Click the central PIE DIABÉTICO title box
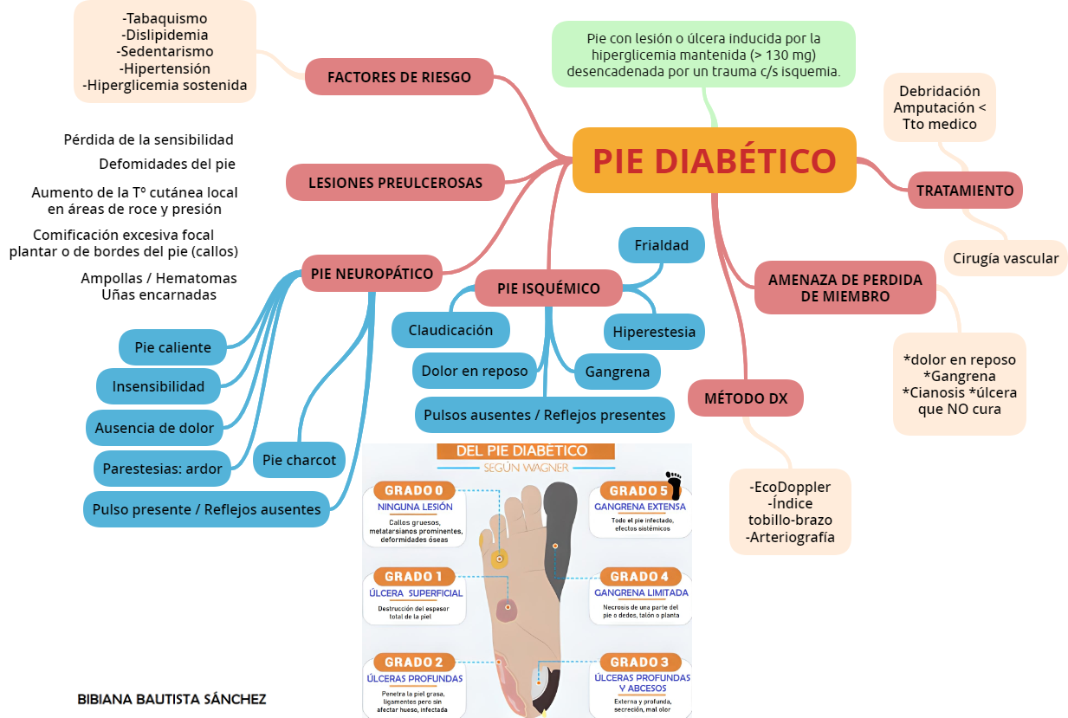point(715,160)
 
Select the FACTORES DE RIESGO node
point(399,77)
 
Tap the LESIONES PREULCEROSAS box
point(395,183)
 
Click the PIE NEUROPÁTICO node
point(372,274)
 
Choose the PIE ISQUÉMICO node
point(548,288)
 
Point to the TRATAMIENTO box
point(965,191)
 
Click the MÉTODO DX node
point(746,398)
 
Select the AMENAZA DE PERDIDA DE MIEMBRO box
point(845,288)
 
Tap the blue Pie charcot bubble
point(299,460)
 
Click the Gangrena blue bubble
point(618,372)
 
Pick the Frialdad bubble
point(662,245)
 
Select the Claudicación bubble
point(450,330)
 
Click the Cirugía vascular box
point(1006,258)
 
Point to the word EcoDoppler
point(791,486)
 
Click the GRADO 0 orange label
point(419,490)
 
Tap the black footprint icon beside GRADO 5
point(674,482)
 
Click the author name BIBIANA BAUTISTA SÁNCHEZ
point(172,699)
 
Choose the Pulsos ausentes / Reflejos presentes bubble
point(545,415)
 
